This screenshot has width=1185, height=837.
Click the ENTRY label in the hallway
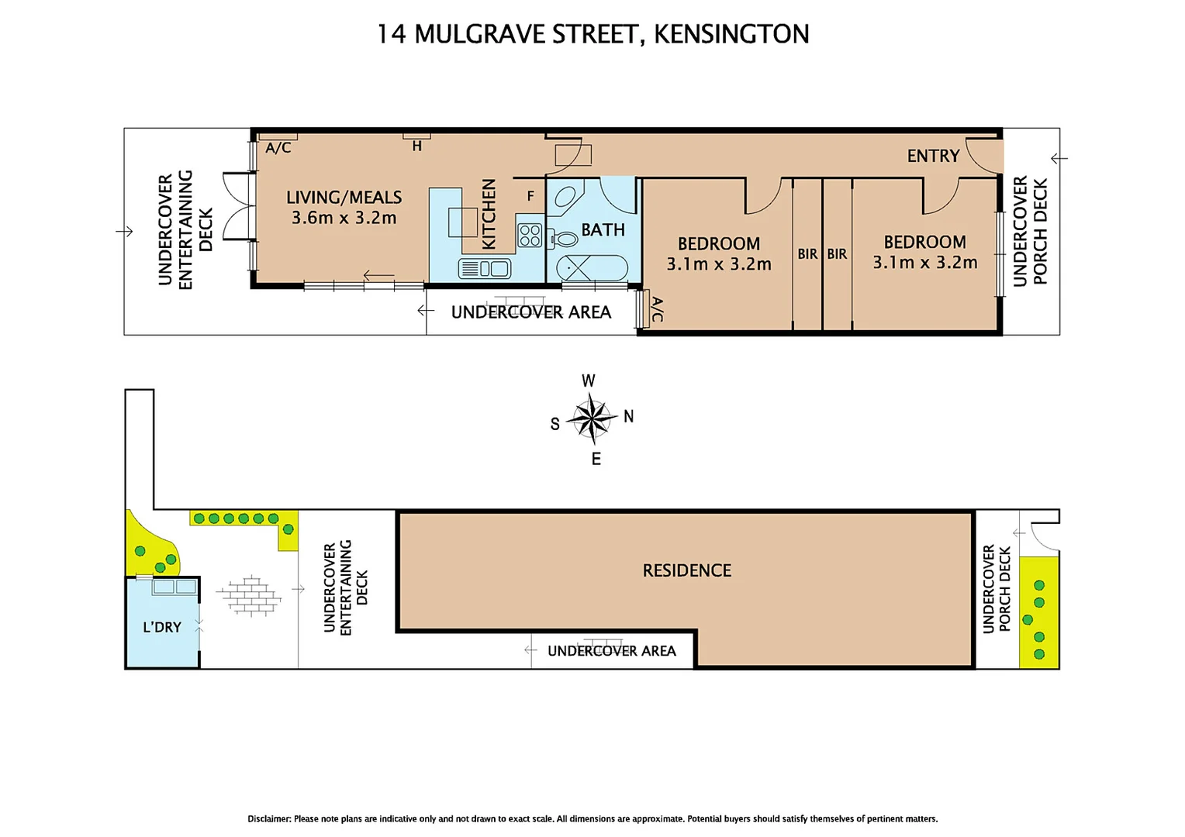pos(933,156)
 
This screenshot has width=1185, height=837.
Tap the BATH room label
pos(603,230)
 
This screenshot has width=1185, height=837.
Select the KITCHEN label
pos(489,214)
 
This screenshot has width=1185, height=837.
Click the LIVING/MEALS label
pos(344,198)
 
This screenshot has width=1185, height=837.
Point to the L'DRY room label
pos(161,627)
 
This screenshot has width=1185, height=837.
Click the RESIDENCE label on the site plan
pos(686,570)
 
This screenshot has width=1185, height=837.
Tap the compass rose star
pos(591,419)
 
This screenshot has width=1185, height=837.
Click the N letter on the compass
pos(628,417)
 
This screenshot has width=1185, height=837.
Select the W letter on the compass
pos(589,381)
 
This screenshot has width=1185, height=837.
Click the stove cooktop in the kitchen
pos(530,236)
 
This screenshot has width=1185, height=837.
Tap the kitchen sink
pos(484,269)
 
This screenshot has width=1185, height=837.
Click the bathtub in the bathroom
pos(592,268)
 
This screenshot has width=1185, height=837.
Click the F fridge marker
pos(530,196)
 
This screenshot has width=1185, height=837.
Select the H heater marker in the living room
pos(416,145)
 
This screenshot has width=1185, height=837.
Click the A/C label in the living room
pos(278,147)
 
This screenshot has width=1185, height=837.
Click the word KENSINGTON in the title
pos(731,34)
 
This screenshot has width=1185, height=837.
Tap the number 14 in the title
pos(391,34)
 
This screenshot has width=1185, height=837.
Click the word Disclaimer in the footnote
pos(269,818)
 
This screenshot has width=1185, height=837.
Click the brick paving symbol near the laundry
pos(250,595)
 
